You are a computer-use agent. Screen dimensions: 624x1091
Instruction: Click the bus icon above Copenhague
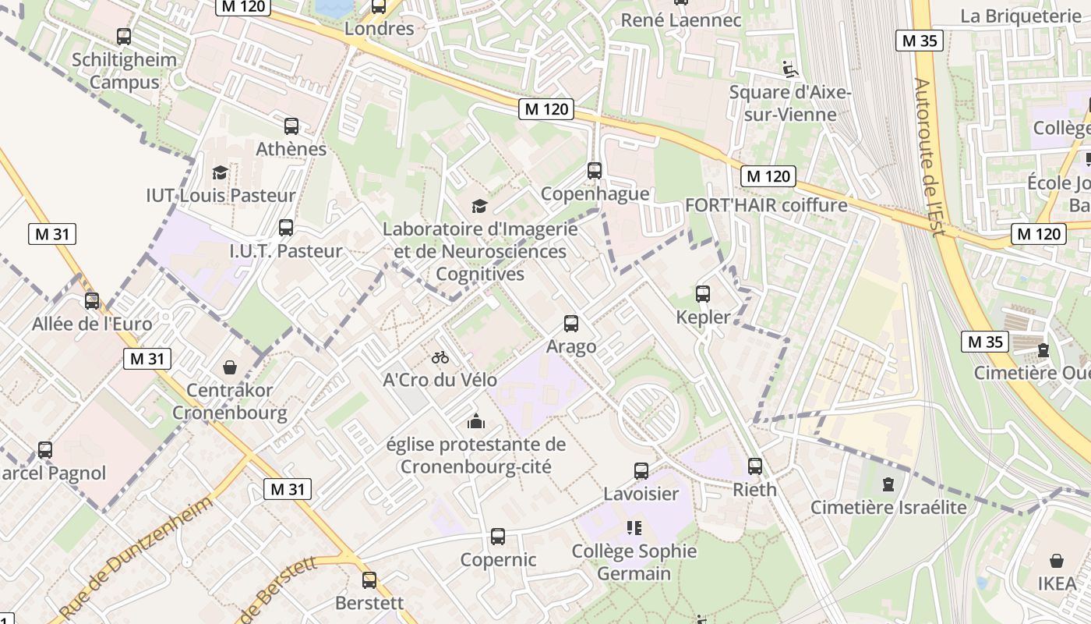coord(595,170)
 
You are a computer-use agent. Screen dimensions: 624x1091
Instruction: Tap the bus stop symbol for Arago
coord(571,323)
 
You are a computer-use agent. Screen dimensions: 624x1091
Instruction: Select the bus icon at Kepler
coord(703,294)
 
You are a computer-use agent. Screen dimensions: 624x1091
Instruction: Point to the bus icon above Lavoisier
coord(641,470)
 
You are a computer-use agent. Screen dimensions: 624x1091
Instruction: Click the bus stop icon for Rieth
coord(755,466)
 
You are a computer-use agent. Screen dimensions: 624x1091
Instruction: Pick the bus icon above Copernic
coord(498,537)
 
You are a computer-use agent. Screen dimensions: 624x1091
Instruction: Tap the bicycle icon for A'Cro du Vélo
coord(440,357)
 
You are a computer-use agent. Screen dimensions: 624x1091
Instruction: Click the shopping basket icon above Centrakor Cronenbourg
coord(230,367)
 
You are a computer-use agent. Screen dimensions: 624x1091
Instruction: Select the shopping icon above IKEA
coord(1057,561)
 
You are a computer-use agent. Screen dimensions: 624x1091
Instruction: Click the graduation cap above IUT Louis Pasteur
coord(221,172)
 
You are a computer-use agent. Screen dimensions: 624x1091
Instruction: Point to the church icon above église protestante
coord(476,421)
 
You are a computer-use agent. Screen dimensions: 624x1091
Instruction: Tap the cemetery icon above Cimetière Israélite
coord(888,484)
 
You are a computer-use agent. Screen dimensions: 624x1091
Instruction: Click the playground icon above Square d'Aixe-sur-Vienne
coord(790,69)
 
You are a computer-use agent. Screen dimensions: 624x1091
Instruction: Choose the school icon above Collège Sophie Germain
coord(634,528)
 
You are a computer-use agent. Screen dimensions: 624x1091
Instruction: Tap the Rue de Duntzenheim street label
coord(137,557)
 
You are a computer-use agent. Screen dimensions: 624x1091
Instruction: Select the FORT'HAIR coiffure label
coord(765,205)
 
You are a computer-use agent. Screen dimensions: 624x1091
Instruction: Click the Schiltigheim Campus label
coord(125,71)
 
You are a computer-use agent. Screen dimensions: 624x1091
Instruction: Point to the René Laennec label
coord(681,20)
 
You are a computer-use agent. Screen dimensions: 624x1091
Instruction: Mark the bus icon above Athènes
coord(291,126)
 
